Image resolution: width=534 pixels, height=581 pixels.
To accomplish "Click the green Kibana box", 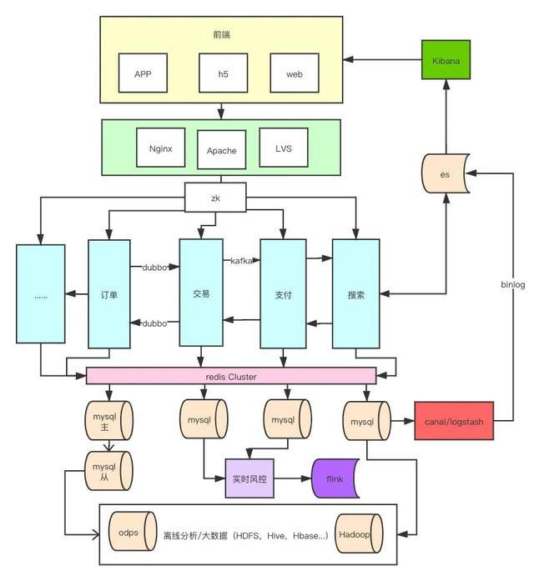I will [446, 61].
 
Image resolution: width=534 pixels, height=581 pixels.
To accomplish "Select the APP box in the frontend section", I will [143, 73].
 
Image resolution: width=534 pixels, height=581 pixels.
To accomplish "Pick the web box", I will [294, 73].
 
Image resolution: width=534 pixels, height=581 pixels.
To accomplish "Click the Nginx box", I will [160, 150].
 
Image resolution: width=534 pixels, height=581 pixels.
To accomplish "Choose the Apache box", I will [221, 151].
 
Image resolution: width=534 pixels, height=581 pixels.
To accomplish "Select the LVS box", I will [283, 150].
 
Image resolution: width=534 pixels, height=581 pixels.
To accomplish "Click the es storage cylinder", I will [445, 175].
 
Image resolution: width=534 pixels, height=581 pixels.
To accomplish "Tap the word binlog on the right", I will [512, 285].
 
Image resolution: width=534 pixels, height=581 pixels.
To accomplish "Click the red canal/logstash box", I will [453, 422].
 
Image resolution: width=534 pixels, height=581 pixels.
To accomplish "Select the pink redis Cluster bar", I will [231, 377].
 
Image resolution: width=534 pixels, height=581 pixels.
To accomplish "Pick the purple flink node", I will [333, 478].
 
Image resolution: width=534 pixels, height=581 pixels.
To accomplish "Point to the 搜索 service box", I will [356, 294].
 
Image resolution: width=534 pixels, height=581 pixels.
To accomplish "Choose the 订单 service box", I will [108, 294].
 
